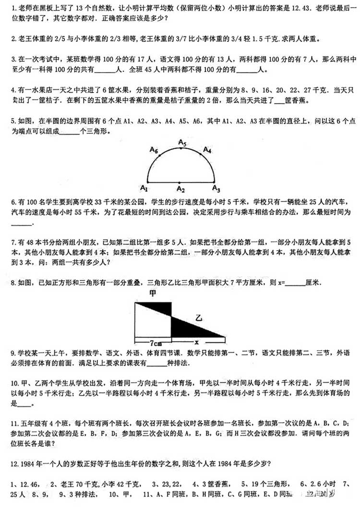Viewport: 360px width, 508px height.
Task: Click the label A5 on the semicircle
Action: pos(181,142)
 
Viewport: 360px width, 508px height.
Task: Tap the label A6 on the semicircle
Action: pos(154,150)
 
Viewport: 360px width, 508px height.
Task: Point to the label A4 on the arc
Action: pos(207,150)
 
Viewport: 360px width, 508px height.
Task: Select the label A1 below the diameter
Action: pos(143,188)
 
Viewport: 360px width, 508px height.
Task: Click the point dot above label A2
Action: pos(180,182)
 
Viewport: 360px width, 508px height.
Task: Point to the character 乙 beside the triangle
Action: pos(198,317)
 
